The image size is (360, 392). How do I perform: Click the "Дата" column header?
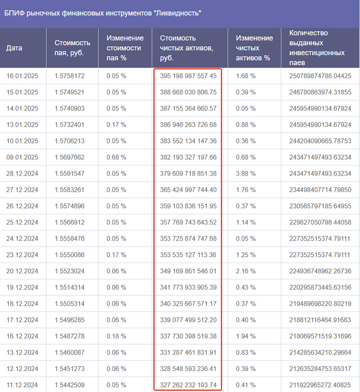tap(14, 48)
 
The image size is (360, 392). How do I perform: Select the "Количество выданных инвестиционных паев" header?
tap(316, 48)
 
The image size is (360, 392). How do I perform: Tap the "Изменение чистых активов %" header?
tap(254, 48)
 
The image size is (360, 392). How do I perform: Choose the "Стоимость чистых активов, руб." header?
tap(187, 48)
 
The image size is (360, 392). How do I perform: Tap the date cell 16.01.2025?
tap(23, 76)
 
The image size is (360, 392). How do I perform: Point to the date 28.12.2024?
tap(23, 174)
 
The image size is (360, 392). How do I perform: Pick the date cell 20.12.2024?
tap(23, 272)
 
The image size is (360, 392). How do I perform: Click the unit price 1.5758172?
tap(69, 76)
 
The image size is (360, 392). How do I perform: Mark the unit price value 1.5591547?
tap(69, 174)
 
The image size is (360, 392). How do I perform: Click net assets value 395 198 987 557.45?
tap(188, 76)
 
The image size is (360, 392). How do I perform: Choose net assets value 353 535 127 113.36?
tap(188, 255)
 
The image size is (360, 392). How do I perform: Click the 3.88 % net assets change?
tap(246, 174)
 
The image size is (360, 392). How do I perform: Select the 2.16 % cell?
tap(246, 272)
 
